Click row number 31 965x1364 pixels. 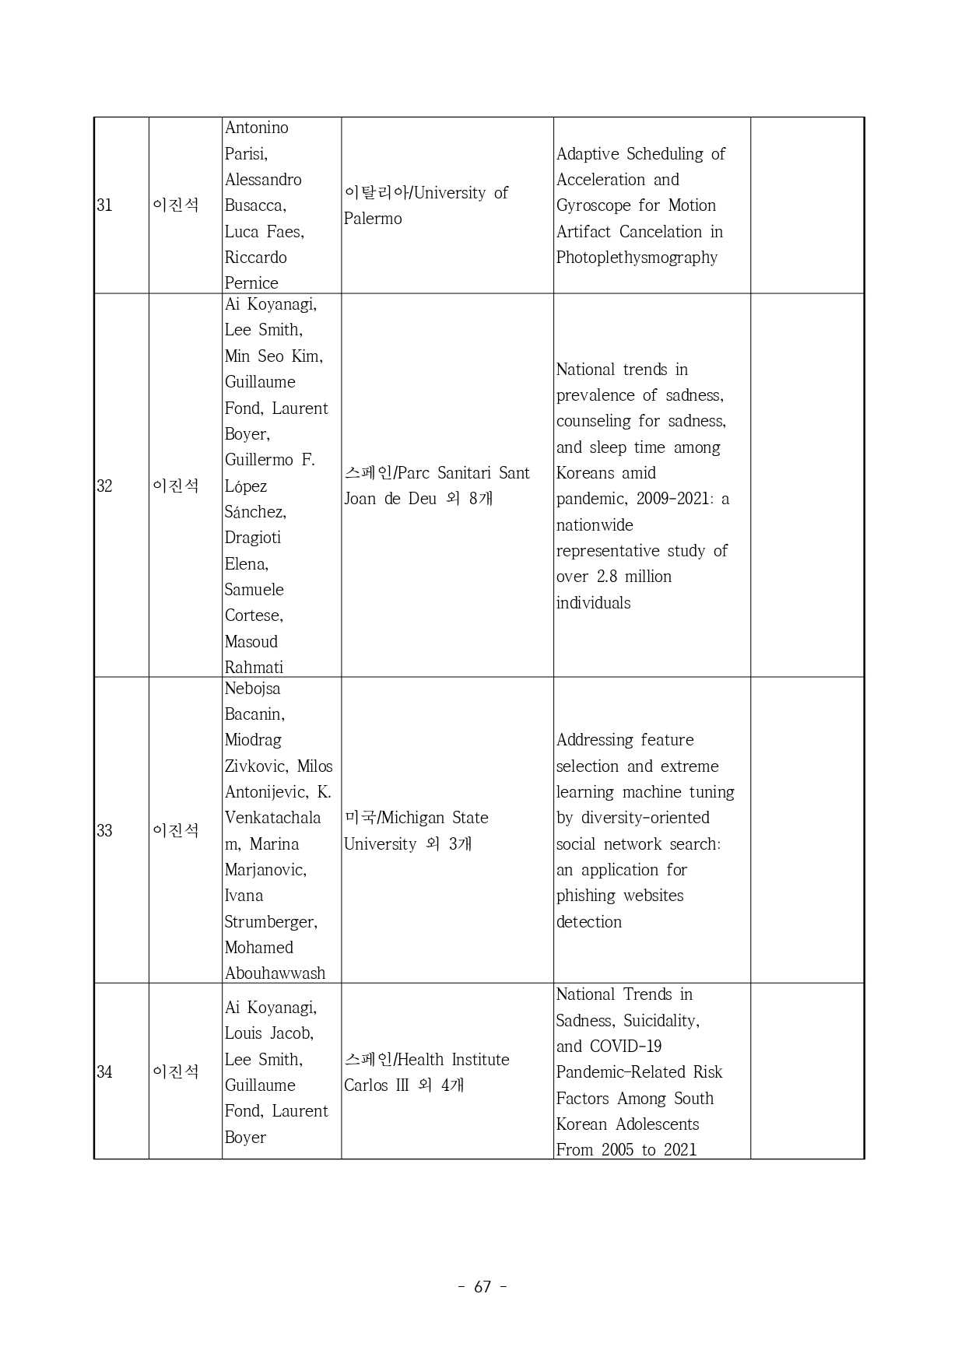pos(104,205)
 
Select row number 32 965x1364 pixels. pos(104,486)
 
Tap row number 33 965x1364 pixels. pos(104,831)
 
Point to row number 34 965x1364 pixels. pos(104,1072)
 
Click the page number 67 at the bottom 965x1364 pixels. pos(482,1287)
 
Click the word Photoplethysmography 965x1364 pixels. pos(637,258)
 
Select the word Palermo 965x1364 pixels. pos(373,219)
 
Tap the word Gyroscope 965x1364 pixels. pos(592,205)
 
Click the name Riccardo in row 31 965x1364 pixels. pos(255,258)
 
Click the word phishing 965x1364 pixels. pos(581,896)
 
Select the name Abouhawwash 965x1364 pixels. pos(275,973)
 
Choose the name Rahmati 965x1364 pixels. pos(254,668)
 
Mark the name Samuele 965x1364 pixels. pos(254,590)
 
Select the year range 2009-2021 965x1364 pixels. pos(672,499)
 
